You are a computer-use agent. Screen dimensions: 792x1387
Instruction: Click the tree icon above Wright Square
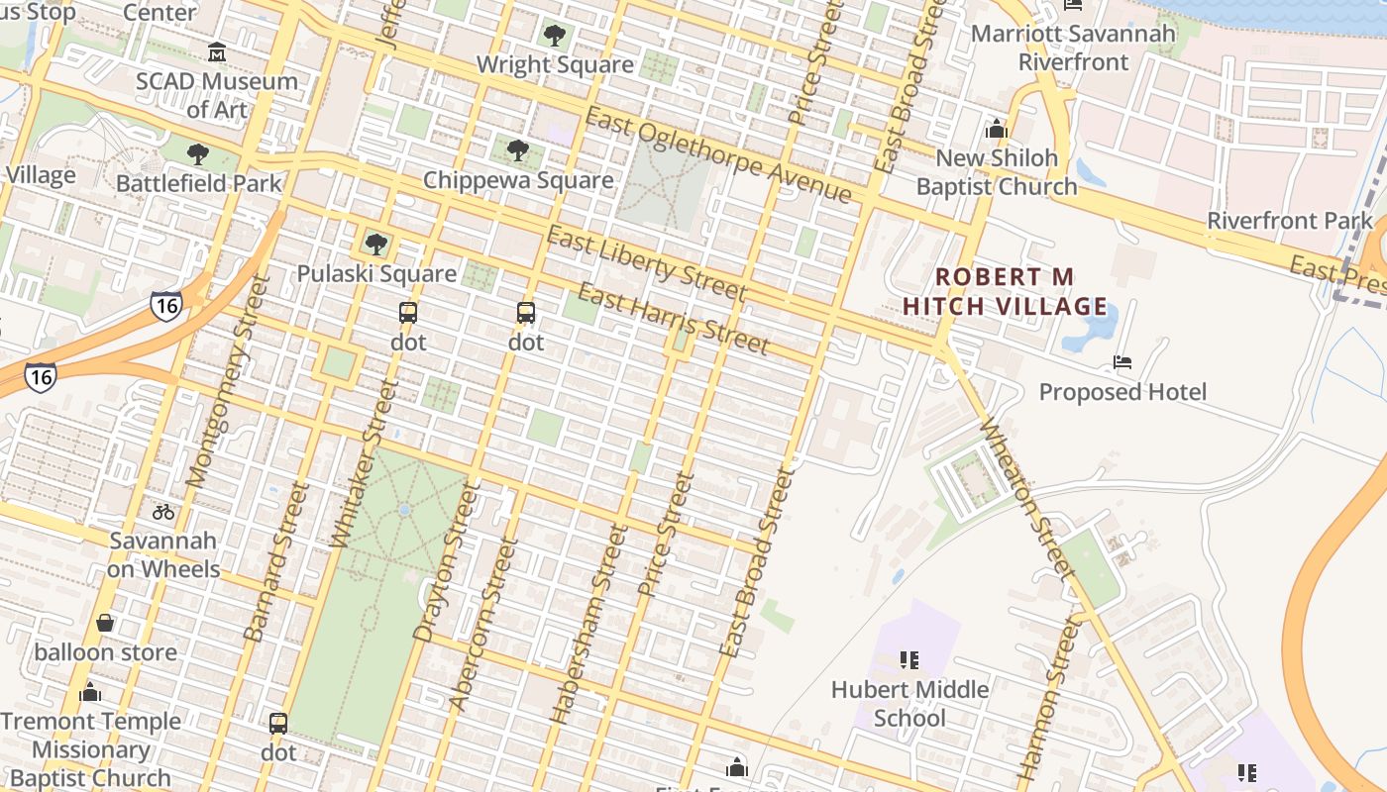click(555, 36)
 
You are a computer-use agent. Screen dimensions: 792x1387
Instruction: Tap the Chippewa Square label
click(518, 180)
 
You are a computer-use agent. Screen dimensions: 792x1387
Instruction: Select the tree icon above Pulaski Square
click(375, 244)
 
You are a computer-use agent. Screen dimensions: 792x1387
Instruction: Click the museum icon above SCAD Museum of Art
click(217, 51)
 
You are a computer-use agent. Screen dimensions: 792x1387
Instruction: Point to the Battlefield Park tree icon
click(198, 154)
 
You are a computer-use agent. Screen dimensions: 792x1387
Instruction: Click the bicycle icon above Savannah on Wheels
click(163, 512)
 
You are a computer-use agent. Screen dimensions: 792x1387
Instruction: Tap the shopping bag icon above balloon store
click(105, 623)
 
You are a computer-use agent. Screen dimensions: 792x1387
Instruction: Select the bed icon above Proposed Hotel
click(1122, 362)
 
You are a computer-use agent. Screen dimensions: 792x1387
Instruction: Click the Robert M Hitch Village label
click(1005, 291)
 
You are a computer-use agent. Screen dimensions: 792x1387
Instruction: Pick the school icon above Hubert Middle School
click(909, 660)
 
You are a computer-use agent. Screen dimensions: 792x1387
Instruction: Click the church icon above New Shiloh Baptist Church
click(997, 129)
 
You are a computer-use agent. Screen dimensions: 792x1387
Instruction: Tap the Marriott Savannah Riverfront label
click(1073, 48)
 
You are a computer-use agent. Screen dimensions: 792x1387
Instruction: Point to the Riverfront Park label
click(1289, 221)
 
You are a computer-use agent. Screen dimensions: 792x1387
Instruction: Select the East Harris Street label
click(673, 319)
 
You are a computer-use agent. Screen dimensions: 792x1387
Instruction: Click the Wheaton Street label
click(1026, 497)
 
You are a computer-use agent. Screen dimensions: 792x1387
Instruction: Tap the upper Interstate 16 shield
click(166, 306)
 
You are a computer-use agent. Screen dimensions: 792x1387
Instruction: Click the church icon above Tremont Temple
click(90, 692)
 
